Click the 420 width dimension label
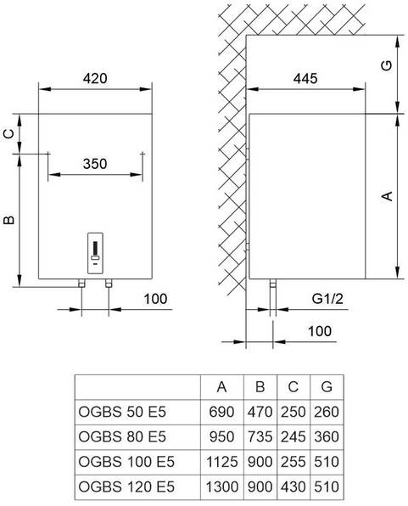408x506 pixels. tap(95, 78)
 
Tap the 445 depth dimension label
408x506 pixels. tap(305, 78)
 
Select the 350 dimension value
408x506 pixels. tap(95, 164)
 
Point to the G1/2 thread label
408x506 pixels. tap(327, 299)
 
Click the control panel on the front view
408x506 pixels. tap(95, 253)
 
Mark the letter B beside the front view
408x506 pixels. tap(9, 220)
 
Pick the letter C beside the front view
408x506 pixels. tap(9, 133)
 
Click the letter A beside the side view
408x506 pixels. tap(387, 196)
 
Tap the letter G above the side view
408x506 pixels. tap(387, 65)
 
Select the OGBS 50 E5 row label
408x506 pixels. tap(122, 412)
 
